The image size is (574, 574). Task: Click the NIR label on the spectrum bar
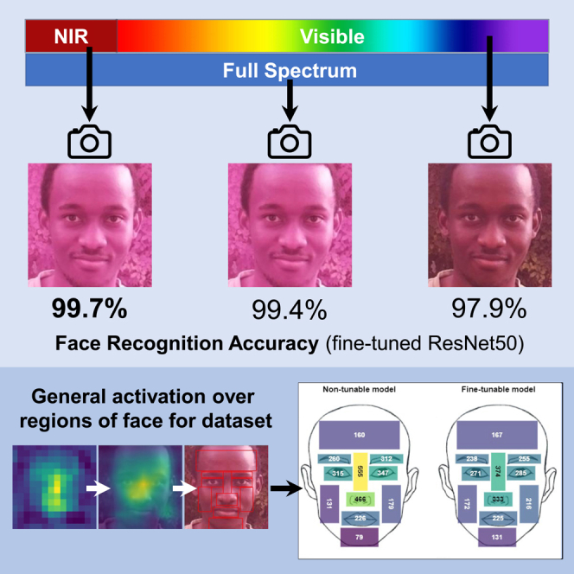[x=71, y=37]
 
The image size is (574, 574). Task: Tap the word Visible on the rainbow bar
[x=332, y=37]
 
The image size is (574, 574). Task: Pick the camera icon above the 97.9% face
[x=489, y=141]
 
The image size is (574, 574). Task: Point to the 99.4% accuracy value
[x=288, y=309]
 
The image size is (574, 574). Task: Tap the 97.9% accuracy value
[x=488, y=309]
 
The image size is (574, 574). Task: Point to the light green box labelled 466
[x=360, y=500]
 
